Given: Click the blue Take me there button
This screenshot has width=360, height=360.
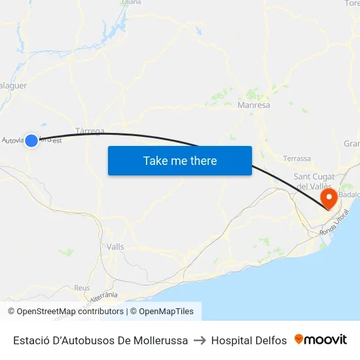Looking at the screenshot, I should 180,160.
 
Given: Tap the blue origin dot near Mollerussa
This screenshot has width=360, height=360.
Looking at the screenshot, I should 31,139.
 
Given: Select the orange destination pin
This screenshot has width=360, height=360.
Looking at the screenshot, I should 325,196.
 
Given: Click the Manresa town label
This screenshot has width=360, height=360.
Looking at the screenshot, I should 254,105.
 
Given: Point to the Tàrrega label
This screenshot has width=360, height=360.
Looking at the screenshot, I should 90,131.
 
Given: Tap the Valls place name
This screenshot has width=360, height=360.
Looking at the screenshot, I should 115,247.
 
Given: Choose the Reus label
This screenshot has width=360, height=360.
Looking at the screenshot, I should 82,287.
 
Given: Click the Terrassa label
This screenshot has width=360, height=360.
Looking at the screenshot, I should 297,158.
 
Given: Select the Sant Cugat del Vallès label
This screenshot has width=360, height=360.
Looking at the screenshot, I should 315,181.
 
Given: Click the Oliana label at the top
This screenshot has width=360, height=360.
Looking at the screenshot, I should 132,3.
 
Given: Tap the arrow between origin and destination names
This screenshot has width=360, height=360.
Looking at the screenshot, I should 200,340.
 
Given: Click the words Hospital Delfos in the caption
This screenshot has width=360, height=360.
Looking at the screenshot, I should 249,340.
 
